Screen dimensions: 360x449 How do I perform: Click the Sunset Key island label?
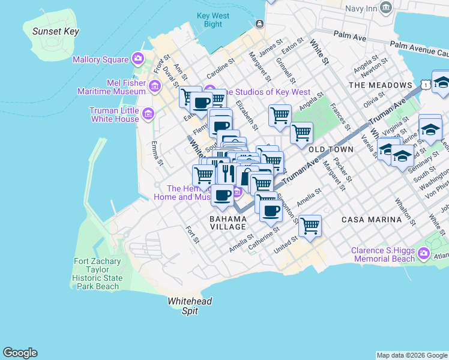pyautogui.click(x=56, y=31)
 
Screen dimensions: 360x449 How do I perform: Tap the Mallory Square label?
pyautogui.click(x=101, y=59)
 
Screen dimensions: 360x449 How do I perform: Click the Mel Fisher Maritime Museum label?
pyautogui.click(x=112, y=87)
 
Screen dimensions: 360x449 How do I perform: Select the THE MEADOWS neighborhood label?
pyautogui.click(x=381, y=85)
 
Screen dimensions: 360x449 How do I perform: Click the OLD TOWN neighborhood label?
pyautogui.click(x=328, y=148)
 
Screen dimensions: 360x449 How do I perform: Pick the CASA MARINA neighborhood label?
pyautogui.click(x=371, y=220)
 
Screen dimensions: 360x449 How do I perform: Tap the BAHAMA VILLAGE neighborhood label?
pyautogui.click(x=228, y=223)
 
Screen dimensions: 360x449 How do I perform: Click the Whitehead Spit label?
pyautogui.click(x=190, y=306)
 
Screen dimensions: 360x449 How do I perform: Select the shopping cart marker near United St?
pyautogui.click(x=310, y=226)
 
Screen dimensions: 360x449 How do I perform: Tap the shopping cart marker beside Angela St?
pyautogui.click(x=301, y=133)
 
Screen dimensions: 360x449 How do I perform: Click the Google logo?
pyautogui.click(x=20, y=353)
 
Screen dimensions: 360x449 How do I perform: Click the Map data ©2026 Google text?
pyautogui.click(x=412, y=355)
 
